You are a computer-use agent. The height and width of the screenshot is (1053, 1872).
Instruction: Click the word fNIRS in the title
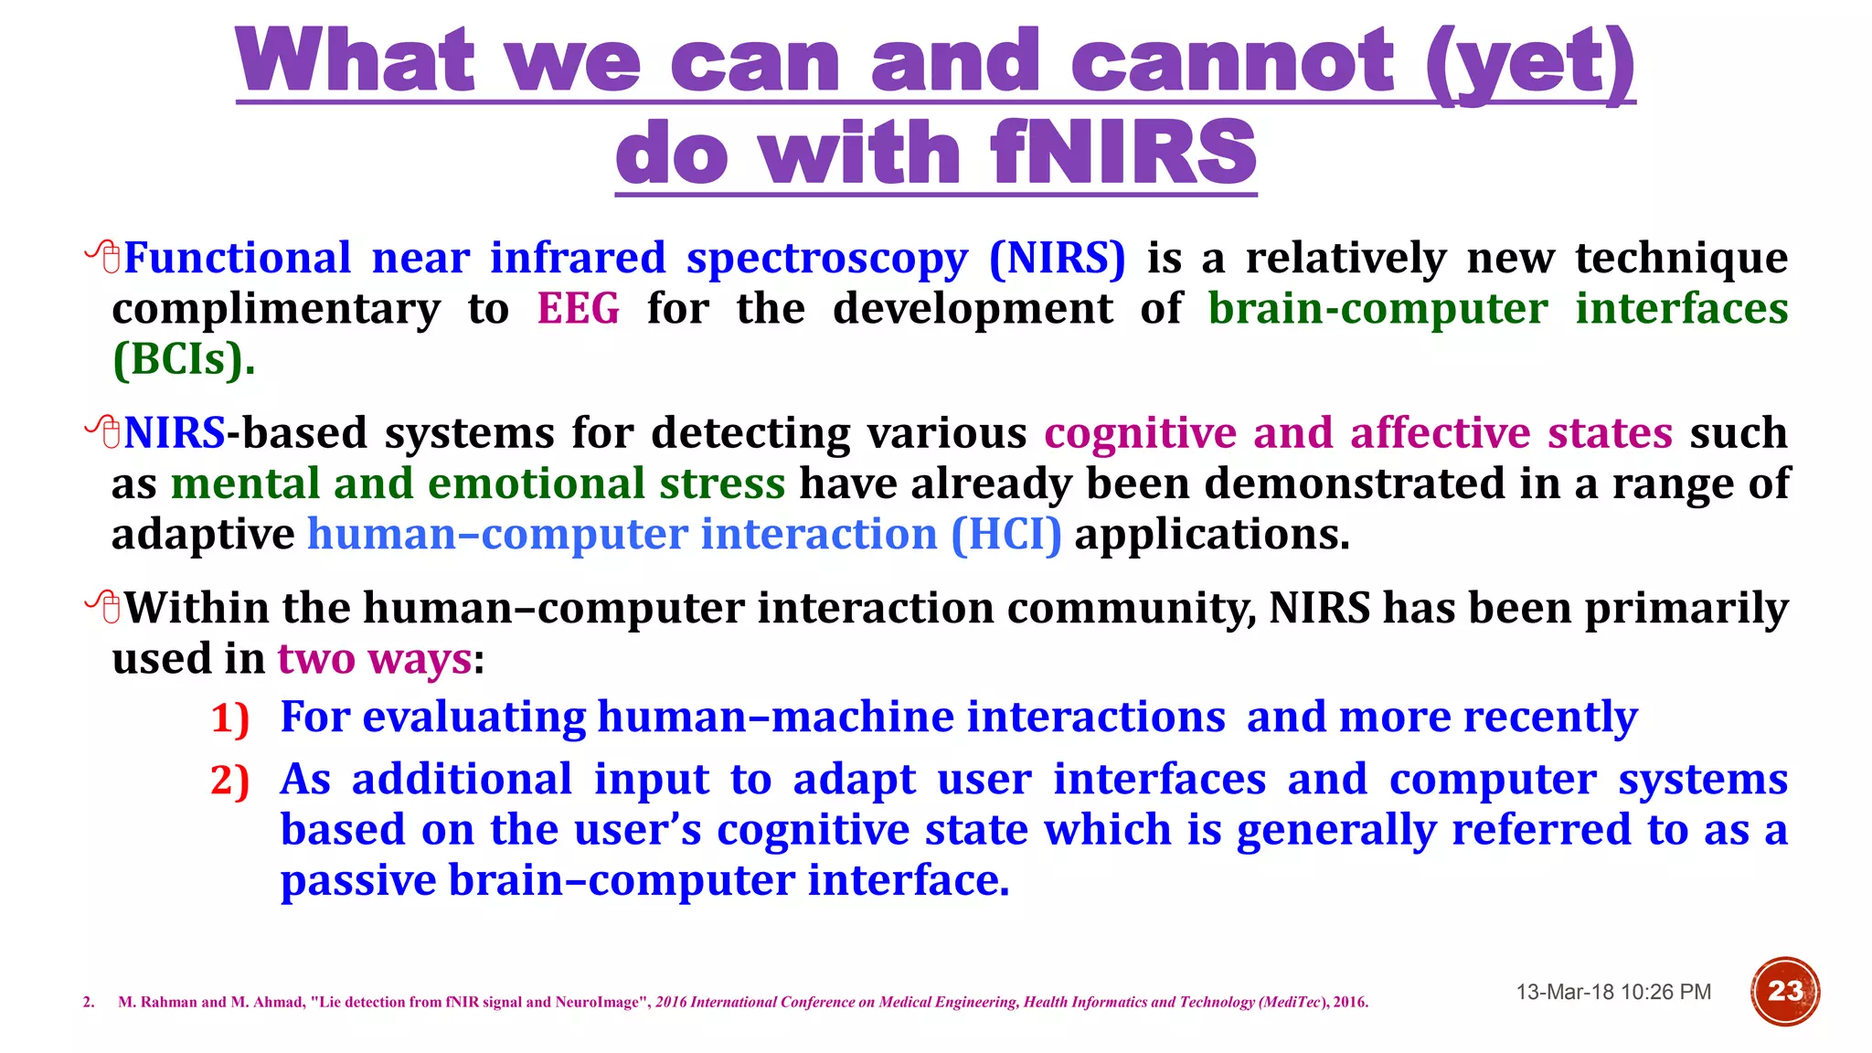[x=1123, y=153]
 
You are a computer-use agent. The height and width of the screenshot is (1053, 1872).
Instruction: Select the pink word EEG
[x=578, y=308]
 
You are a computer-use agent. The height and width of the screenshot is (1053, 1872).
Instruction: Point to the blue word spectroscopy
[x=827, y=258]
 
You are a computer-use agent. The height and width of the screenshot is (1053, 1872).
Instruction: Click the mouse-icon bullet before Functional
[x=103, y=257]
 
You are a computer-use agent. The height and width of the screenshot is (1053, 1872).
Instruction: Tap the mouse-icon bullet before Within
[x=103, y=607]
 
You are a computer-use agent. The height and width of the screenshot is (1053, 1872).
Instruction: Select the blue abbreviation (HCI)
[x=1005, y=534]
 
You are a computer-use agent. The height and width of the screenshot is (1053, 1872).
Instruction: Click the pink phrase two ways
[x=375, y=658]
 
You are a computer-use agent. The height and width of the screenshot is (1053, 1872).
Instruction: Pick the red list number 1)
[x=229, y=718]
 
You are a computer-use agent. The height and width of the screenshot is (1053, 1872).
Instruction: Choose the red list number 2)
[x=229, y=781]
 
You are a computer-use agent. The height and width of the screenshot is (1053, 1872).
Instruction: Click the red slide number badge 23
[x=1784, y=991]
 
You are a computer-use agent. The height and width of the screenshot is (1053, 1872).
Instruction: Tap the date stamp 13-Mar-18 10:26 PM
[x=1613, y=992]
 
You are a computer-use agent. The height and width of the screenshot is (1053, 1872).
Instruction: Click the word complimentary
[x=275, y=309]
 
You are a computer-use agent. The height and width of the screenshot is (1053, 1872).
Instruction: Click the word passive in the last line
[x=358, y=880]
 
